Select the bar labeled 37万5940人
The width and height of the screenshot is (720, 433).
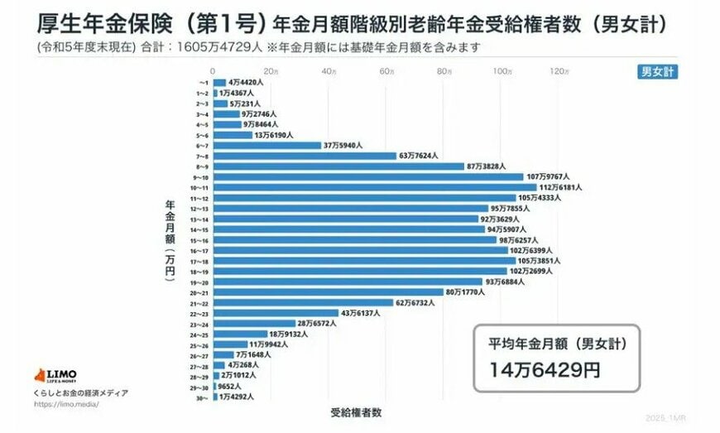click(267, 146)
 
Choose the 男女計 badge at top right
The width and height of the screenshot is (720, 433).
click(658, 71)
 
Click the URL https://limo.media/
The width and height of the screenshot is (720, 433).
click(63, 405)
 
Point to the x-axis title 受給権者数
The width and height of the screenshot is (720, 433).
click(356, 411)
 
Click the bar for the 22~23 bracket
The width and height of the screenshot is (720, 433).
click(276, 313)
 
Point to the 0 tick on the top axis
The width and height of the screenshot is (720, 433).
click(214, 72)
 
